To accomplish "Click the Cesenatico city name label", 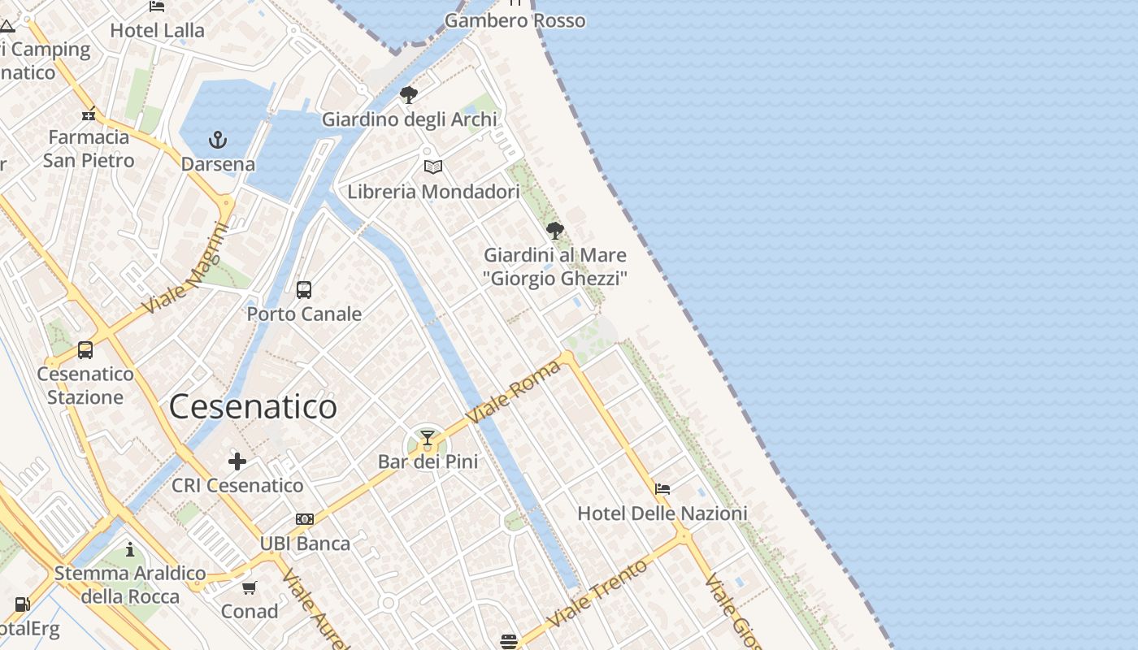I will (253, 406).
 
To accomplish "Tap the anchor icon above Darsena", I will (217, 141).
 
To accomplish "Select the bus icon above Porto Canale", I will (304, 290).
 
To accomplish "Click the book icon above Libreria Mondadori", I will (433, 167).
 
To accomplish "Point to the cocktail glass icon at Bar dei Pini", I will (427, 439).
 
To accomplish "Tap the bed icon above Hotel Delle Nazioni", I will (662, 489).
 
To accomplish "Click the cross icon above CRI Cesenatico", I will (237, 462).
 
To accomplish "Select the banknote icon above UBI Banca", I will (305, 519).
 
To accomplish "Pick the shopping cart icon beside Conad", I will (250, 587).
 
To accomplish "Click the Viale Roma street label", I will (514, 392).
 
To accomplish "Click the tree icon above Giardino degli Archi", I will (409, 95).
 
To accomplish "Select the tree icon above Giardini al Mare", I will (555, 231).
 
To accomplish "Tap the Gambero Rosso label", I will (515, 20).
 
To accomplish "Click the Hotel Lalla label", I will (158, 30).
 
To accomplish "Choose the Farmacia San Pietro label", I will (89, 149).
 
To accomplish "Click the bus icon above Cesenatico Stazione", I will (85, 350).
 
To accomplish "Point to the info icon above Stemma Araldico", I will (130, 550).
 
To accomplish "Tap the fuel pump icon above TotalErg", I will (23, 604).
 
